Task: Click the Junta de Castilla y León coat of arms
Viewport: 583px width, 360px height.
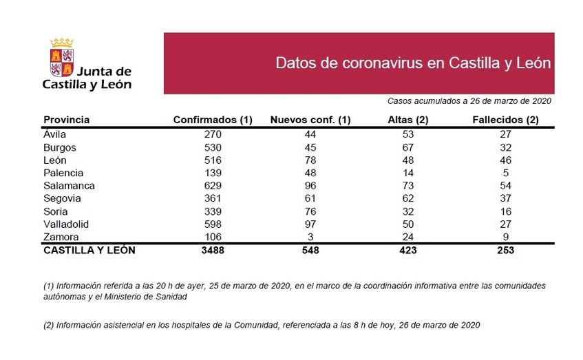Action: click(62, 59)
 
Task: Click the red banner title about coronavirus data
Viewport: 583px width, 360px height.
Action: click(413, 63)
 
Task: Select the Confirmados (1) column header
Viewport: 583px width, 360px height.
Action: click(213, 120)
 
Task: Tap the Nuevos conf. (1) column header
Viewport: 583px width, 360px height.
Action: click(310, 120)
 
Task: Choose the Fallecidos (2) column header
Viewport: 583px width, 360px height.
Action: click(505, 120)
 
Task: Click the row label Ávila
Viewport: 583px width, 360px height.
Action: click(54, 135)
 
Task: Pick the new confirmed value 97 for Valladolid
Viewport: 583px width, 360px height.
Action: click(310, 224)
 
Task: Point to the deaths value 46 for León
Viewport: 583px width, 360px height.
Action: click(505, 160)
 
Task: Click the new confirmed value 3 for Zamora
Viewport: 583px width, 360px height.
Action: click(310, 237)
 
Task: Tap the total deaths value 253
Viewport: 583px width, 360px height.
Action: click(505, 251)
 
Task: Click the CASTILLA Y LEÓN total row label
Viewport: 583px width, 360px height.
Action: click(89, 251)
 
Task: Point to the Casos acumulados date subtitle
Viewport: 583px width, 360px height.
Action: click(469, 100)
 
